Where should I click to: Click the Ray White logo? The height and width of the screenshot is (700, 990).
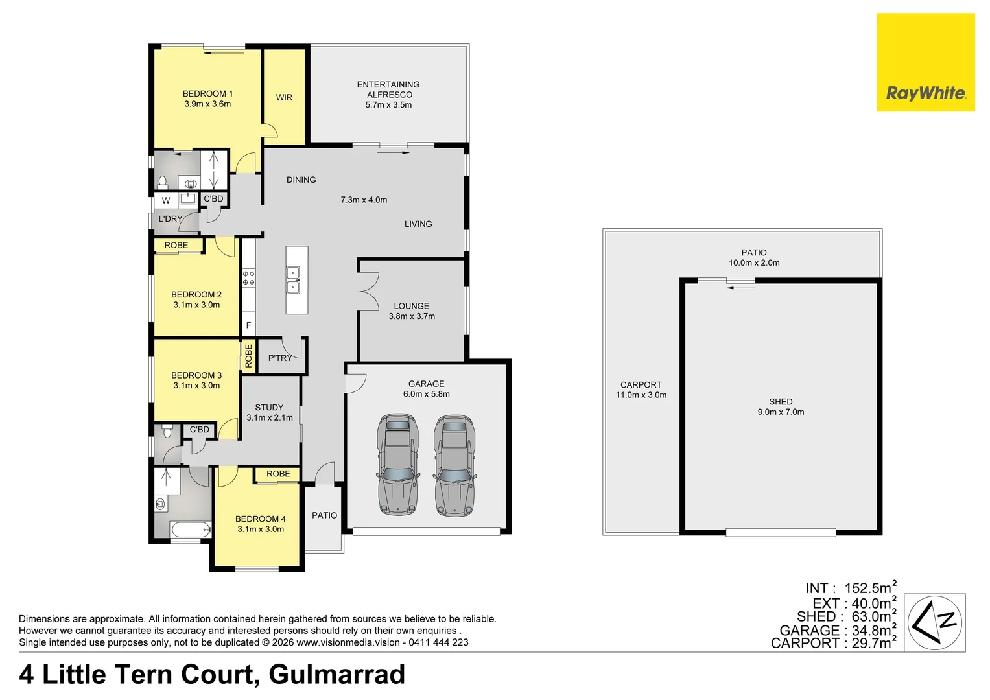[925, 62]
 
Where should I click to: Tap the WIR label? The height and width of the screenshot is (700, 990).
[284, 97]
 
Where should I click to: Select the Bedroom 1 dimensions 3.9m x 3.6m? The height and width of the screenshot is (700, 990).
[207, 104]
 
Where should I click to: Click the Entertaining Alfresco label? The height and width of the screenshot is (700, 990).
[388, 89]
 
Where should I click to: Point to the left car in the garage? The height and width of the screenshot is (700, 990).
[397, 464]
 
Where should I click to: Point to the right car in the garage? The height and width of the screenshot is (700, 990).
[454, 464]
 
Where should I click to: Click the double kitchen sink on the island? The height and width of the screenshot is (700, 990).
[293, 280]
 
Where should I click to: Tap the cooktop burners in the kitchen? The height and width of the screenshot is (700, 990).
[248, 278]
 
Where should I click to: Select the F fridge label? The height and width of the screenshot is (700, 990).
[248, 325]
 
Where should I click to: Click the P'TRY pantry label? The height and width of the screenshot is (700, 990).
[280, 358]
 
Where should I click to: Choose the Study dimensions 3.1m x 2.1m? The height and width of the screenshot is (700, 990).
[270, 417]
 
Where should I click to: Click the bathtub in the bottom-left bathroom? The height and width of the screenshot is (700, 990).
[191, 530]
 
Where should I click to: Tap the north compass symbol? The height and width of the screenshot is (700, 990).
[934, 622]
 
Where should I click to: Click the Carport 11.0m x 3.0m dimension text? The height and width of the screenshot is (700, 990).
[641, 395]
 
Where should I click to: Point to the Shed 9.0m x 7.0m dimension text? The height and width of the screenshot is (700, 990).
[781, 412]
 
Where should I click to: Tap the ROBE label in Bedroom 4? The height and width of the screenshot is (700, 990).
[278, 474]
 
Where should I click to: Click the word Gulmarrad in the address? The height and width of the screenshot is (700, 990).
[336, 674]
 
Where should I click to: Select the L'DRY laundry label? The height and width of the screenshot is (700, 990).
[171, 219]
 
